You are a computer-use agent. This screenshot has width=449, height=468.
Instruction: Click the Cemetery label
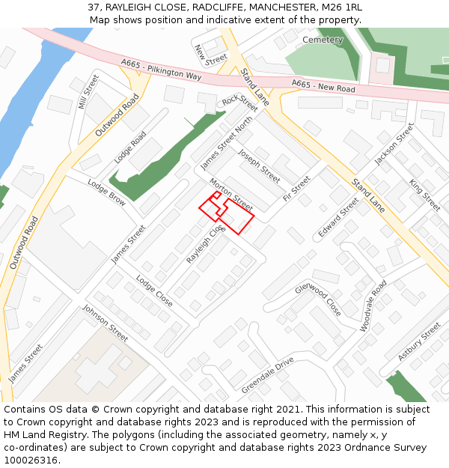pos(323,40)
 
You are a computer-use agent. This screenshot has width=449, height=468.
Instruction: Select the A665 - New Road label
pos(323,86)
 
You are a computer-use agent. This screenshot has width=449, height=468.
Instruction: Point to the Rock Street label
pos(239,103)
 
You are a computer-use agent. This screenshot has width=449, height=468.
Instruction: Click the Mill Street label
pos(88,91)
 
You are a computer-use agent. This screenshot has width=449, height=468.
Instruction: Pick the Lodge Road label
pos(130,148)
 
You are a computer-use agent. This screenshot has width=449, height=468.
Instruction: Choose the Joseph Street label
pos(259,165)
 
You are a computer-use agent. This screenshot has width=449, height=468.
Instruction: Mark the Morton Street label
pos(231,194)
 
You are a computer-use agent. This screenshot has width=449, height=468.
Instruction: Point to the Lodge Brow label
pos(106,192)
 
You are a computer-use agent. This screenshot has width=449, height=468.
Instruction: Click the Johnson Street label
pos(105,323)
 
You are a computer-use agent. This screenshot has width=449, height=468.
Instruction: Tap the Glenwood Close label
pos(318,300)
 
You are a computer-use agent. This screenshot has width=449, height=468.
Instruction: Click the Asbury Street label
pos(419,342)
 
